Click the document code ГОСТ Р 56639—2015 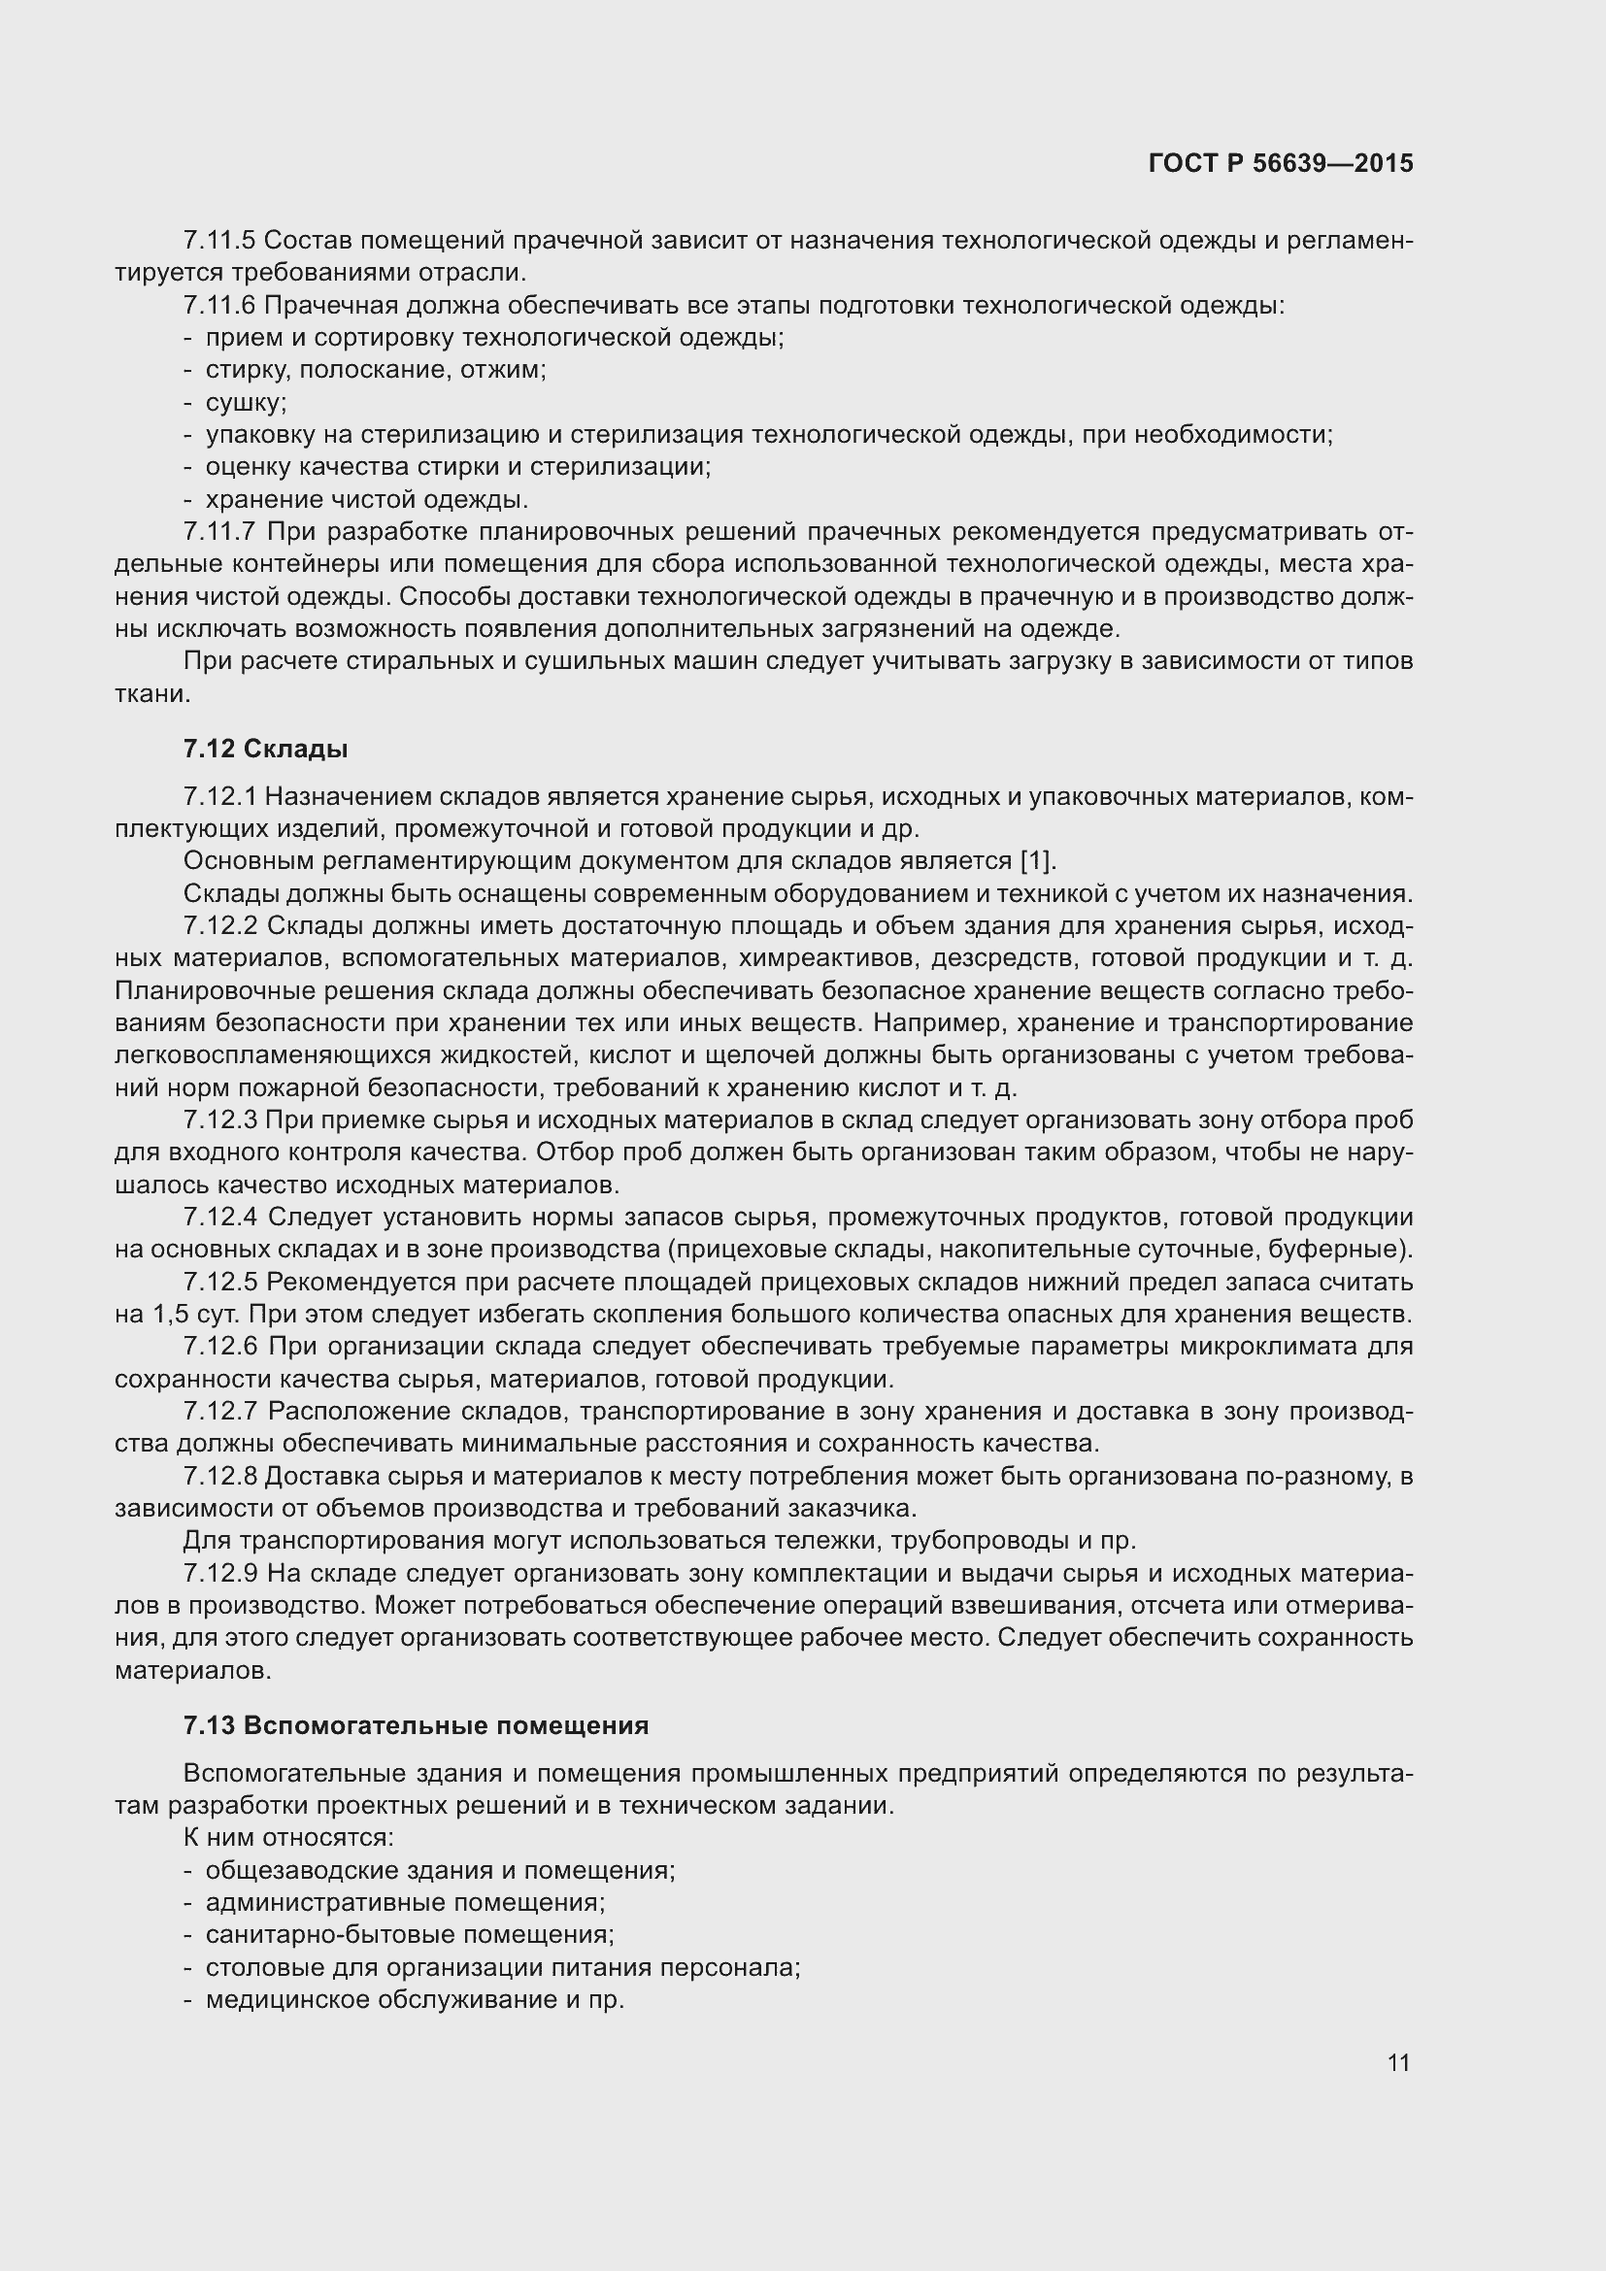(x=1281, y=163)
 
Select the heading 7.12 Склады (x=265, y=749)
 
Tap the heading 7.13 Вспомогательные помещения (x=416, y=1726)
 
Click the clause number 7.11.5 (x=219, y=241)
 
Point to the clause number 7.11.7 (x=219, y=532)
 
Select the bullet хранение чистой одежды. (x=366, y=499)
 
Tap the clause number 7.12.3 (x=220, y=1120)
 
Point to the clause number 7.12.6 (x=220, y=1348)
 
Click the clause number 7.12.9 (x=220, y=1574)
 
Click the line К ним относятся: (x=288, y=1838)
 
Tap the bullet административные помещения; (x=406, y=1902)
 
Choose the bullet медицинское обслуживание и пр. (x=415, y=2000)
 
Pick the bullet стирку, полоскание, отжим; (x=376, y=370)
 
